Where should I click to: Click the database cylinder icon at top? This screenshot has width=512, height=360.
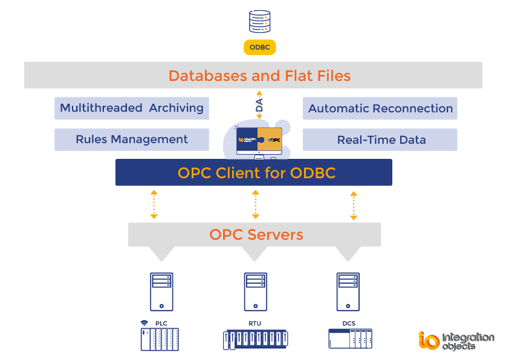click(x=259, y=21)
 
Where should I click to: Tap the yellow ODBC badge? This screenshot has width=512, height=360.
click(x=260, y=47)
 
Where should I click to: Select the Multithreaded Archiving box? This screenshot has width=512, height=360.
click(x=132, y=108)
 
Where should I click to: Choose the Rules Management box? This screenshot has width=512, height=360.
click(x=132, y=140)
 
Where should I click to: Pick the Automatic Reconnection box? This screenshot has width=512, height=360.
click(x=380, y=109)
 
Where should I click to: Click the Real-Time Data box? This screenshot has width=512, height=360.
click(x=380, y=140)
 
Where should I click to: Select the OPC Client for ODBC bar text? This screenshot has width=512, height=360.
click(x=256, y=173)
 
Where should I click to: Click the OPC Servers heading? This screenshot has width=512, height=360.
click(x=256, y=234)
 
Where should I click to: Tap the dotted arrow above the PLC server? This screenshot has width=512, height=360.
click(x=154, y=204)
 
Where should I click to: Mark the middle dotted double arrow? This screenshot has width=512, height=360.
click(x=256, y=204)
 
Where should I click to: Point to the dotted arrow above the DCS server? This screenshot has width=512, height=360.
click(x=354, y=205)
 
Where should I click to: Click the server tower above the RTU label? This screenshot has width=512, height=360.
click(x=256, y=291)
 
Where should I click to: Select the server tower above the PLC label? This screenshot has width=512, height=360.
click(x=161, y=291)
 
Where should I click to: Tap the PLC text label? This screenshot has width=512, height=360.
click(x=161, y=323)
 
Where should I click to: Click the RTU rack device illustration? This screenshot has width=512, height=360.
click(x=256, y=339)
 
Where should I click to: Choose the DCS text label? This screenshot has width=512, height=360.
click(x=349, y=323)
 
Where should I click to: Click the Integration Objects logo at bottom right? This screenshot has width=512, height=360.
click(x=456, y=340)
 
